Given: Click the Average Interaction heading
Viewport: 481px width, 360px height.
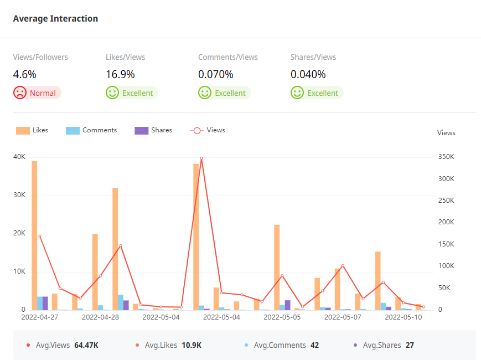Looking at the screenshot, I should pyautogui.click(x=55, y=19).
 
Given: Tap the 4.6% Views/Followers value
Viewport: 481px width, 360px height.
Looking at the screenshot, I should pyautogui.click(x=24, y=74).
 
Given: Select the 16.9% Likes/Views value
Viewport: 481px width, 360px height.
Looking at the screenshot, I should pyautogui.click(x=120, y=74).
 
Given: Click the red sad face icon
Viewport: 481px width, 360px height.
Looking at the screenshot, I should pyautogui.click(x=20, y=92).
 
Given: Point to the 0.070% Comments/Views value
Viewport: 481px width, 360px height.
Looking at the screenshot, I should pyautogui.click(x=215, y=74).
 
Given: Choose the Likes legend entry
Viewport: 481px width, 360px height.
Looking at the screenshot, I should pyautogui.click(x=33, y=130).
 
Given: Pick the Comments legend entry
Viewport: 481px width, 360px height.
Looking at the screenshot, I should pyautogui.click(x=92, y=130).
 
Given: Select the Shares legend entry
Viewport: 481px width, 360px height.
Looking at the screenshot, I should pyautogui.click(x=154, y=130).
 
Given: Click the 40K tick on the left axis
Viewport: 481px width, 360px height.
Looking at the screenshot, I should pyautogui.click(x=19, y=157).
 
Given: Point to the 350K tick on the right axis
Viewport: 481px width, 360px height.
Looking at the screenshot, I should pyautogui.click(x=446, y=157).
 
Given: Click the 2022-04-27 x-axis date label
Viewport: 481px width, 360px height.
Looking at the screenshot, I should pyautogui.click(x=40, y=317).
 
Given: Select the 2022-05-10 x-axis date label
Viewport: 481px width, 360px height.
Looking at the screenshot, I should pyautogui.click(x=404, y=317).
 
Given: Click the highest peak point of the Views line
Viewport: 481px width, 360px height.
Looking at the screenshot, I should pyautogui.click(x=201, y=158).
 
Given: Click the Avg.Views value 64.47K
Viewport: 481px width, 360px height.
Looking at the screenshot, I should pyautogui.click(x=86, y=345).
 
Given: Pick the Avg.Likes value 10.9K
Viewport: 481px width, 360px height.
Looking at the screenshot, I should pyautogui.click(x=192, y=345).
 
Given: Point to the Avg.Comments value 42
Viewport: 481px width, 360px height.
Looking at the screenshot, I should pyautogui.click(x=314, y=345).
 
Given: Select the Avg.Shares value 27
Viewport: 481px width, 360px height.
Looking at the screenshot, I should pyautogui.click(x=410, y=345).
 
